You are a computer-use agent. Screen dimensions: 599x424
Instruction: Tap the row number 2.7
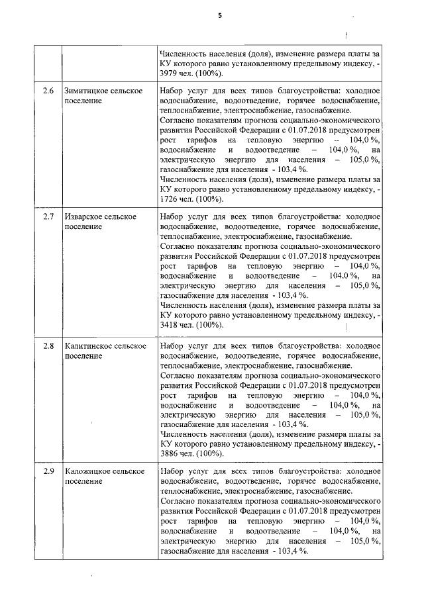(48, 218)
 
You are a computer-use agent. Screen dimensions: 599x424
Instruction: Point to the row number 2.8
(48, 346)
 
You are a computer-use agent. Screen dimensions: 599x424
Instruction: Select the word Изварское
(85, 218)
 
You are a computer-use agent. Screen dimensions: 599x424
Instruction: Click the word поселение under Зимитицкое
(83, 101)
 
